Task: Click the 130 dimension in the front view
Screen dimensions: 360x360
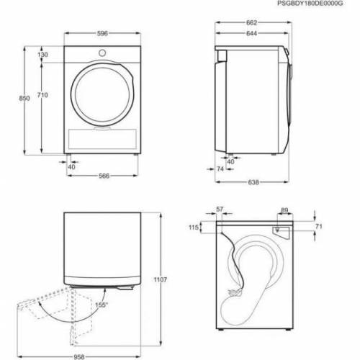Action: (43, 55)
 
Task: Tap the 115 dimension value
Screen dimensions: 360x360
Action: (194, 228)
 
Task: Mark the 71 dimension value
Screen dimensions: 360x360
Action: (318, 227)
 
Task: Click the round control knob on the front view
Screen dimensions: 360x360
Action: (102, 53)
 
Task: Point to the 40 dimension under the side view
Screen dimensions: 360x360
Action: (231, 161)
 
